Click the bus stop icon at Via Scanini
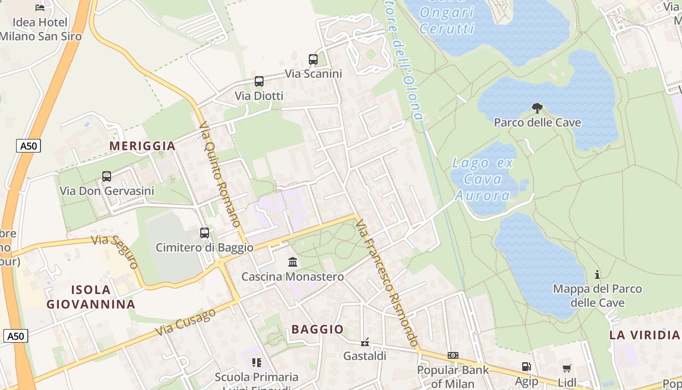tap(313, 59)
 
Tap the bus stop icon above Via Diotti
tap(259, 81)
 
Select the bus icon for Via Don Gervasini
tap(107, 176)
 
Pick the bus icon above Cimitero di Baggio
tap(205, 233)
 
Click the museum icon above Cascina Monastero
tap(293, 262)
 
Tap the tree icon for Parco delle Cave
tap(537, 108)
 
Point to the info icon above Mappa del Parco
tap(597, 274)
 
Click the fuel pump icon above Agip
tap(526, 367)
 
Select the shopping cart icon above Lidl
tap(567, 369)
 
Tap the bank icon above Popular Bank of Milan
tap(453, 355)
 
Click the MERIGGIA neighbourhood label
tap(142, 146)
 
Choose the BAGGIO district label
tap(318, 329)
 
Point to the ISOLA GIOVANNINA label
tap(91, 297)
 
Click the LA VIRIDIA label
tap(644, 335)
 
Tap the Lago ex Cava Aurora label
tap(483, 179)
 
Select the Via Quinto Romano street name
tap(220, 174)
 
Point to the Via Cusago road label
tap(186, 322)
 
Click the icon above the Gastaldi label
tap(365, 342)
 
